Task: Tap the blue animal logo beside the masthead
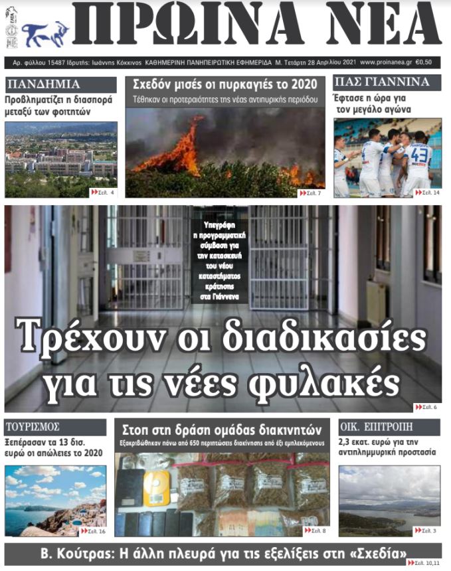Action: coord(45,34)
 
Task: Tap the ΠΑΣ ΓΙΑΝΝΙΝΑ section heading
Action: coord(377,83)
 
